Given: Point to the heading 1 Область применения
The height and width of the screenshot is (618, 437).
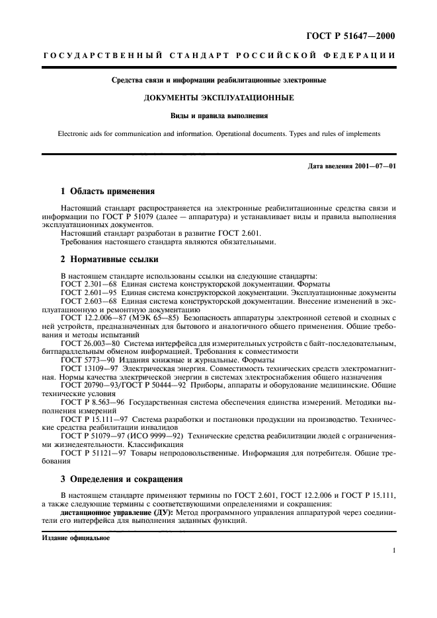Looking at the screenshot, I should coord(107,192).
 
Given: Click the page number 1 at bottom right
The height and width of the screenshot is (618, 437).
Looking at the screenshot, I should coord(393,549).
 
